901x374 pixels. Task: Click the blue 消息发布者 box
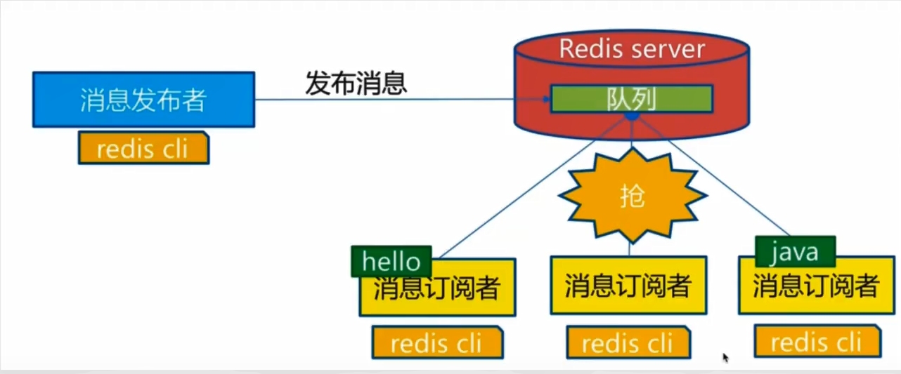point(143,100)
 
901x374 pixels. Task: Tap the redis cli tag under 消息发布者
point(143,148)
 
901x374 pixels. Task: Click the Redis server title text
point(631,48)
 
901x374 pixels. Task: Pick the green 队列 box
point(631,100)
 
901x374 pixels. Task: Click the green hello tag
point(391,262)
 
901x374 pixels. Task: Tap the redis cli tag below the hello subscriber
point(437,343)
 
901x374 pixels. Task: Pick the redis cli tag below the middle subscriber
point(628,343)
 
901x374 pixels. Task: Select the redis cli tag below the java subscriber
point(816,342)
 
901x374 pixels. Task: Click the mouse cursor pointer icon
point(726,357)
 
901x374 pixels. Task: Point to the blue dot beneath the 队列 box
point(631,116)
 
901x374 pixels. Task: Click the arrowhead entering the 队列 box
point(545,100)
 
